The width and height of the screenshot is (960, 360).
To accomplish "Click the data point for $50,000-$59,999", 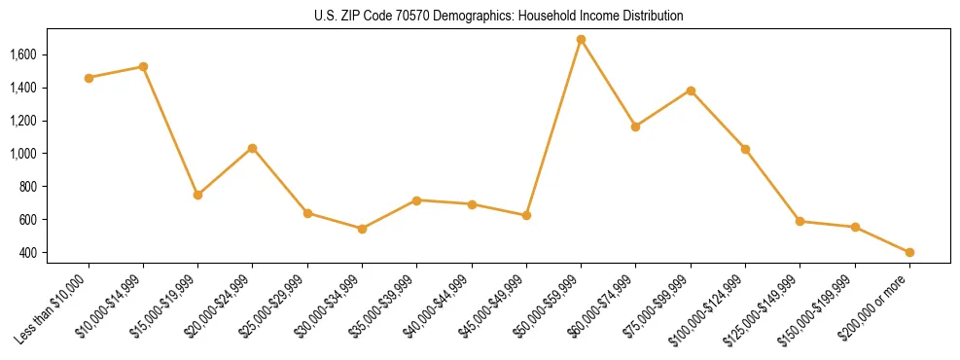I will pos(581,40).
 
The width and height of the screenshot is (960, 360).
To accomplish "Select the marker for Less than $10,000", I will pos(89,78).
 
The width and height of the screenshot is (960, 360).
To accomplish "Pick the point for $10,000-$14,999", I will pos(143,67).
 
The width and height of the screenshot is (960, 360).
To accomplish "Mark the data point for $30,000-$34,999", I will pos(362,229).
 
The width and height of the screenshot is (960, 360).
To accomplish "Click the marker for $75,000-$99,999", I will pos(691,90).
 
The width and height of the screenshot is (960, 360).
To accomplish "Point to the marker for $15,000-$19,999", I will pos(197,195).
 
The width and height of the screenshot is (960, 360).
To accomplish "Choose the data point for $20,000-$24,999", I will pos(253,148).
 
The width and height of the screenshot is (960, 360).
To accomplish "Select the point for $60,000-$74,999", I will pos(635,126).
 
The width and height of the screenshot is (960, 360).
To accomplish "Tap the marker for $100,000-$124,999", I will pos(745,149).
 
